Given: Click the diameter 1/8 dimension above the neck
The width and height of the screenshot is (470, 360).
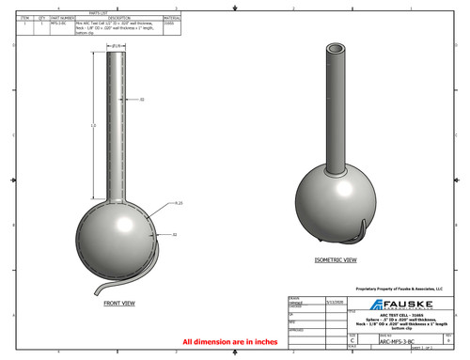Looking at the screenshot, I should click(118, 44).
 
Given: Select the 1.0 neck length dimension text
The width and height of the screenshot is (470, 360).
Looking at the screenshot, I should click(92, 125).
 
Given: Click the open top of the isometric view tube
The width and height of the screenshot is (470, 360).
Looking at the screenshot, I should click(336, 47).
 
